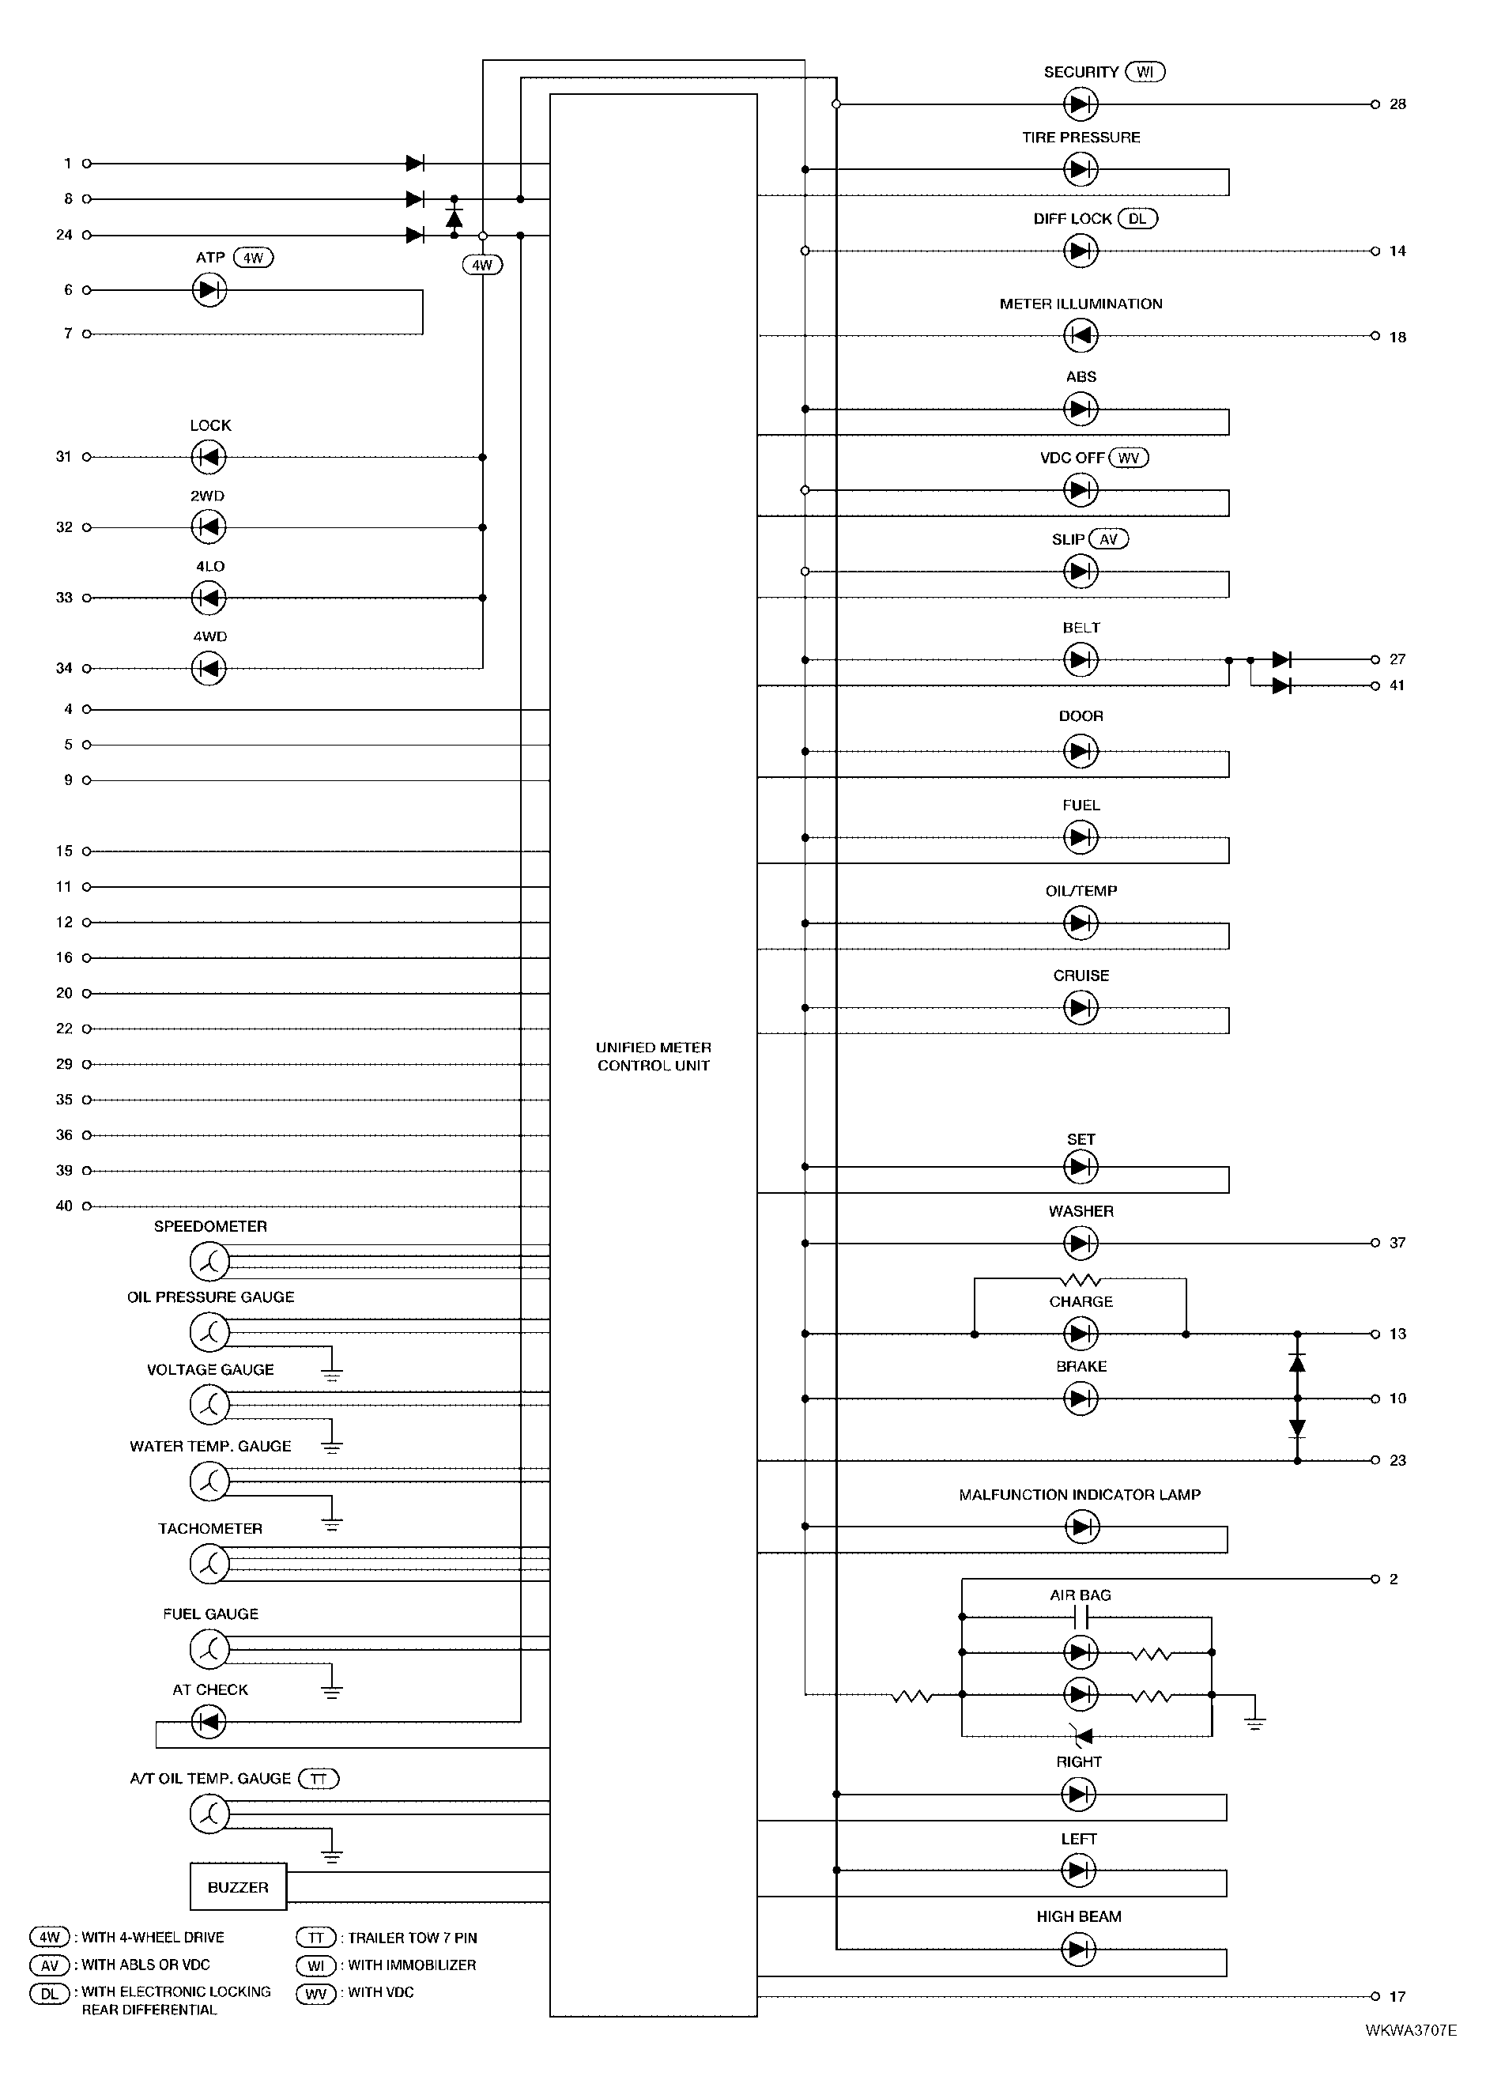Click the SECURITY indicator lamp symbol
click(x=1081, y=104)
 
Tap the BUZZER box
click(x=238, y=1886)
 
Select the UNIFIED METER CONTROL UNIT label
click(x=654, y=1056)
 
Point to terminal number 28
click(x=1397, y=104)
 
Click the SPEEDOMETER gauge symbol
click(x=209, y=1262)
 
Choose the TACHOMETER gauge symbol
click(x=209, y=1565)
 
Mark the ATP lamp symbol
click(x=209, y=290)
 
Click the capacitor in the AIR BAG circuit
click(x=1081, y=1618)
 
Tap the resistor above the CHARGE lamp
click(x=1080, y=1278)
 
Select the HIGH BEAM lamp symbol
click(x=1079, y=1950)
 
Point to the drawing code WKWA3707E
click(x=1410, y=2030)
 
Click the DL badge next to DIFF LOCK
click(x=1137, y=219)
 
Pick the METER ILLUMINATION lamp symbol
click(x=1081, y=336)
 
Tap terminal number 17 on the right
click(x=1397, y=1996)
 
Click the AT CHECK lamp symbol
click(x=209, y=1723)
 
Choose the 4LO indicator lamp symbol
click(x=209, y=598)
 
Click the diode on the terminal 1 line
click(x=414, y=164)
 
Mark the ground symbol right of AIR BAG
click(x=1255, y=1723)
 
